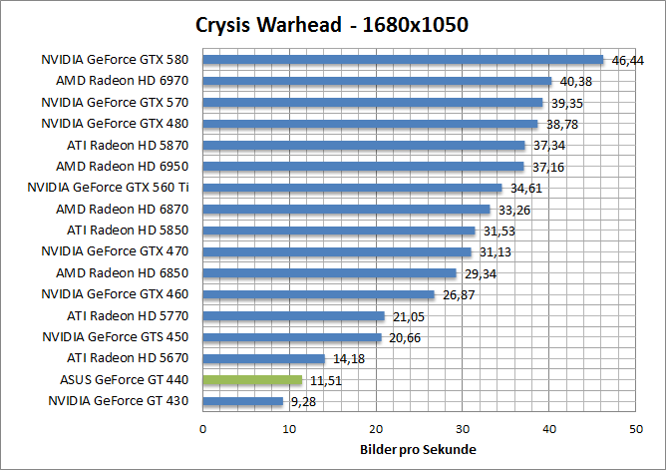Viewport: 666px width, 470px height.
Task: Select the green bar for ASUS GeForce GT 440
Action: pos(252,380)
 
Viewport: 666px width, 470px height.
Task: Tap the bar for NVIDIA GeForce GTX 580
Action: pos(403,60)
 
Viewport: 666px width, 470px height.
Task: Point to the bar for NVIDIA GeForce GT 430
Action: pos(242,401)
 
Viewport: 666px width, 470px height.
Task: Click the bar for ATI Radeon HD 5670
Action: pos(263,358)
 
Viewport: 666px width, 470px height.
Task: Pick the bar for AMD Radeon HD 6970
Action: pos(377,81)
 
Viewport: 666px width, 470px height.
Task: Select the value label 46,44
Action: pos(627,61)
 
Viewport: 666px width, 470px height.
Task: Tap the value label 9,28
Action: pos(302,402)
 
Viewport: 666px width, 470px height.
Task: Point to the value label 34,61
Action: pos(524,189)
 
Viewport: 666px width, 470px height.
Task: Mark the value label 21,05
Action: pos(406,316)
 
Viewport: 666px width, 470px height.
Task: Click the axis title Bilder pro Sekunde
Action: pos(418,449)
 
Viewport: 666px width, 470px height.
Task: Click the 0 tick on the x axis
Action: pos(203,428)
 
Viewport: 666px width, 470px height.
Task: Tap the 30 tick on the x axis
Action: pos(463,428)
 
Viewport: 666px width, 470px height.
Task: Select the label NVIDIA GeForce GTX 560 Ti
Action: pos(108,188)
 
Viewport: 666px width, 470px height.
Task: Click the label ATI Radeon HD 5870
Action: pos(127,145)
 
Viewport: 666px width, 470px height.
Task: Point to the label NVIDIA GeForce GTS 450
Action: pos(115,336)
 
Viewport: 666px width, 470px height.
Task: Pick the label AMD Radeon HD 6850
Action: pos(122,272)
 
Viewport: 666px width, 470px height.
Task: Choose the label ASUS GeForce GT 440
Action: pos(124,379)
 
